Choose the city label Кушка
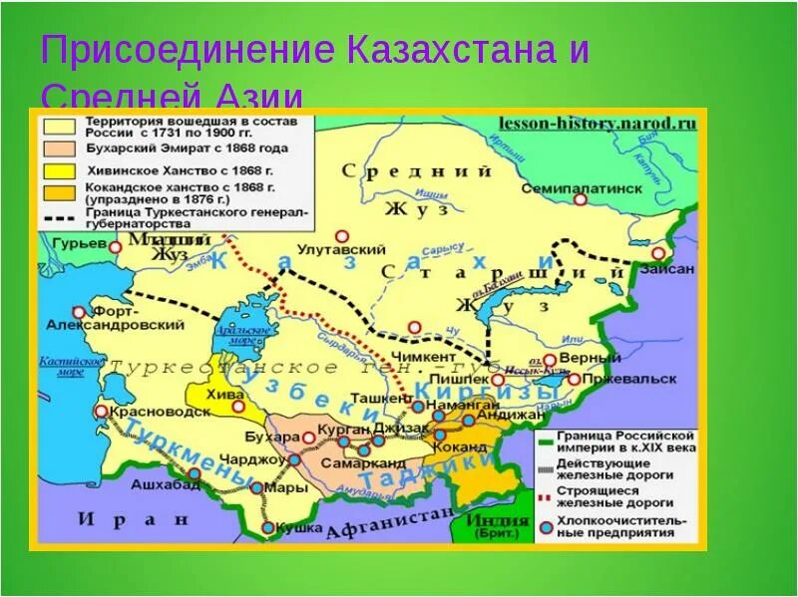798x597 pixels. click(299, 527)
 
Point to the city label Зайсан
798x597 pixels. click(666, 268)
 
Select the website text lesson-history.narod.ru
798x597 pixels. click(597, 125)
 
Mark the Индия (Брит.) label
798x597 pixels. click(501, 525)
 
